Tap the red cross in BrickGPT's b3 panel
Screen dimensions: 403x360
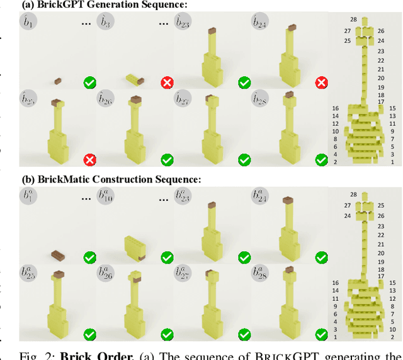167,82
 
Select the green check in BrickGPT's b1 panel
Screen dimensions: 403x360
90,82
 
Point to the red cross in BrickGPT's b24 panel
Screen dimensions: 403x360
321,82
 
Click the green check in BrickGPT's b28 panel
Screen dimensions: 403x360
321,160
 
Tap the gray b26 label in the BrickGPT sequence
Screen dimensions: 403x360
105,99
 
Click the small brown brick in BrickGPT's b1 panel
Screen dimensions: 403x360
57,81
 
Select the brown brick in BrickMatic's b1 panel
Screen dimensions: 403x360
58,254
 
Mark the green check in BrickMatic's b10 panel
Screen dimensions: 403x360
167,257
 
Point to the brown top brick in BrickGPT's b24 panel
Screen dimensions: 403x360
290,27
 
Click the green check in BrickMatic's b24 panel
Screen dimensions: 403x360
321,257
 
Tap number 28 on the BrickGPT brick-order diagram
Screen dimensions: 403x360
354,20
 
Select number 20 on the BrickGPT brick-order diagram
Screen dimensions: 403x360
381,78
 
